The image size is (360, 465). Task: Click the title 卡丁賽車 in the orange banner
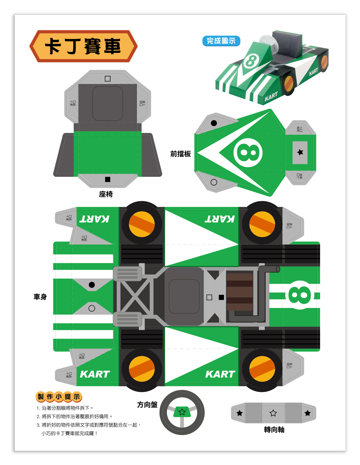(x=83, y=46)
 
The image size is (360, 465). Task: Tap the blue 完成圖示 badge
(x=221, y=41)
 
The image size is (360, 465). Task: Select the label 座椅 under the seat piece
(x=106, y=194)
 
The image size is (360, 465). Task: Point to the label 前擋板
(x=180, y=154)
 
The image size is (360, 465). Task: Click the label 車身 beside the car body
(x=40, y=297)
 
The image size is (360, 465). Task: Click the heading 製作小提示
(x=59, y=397)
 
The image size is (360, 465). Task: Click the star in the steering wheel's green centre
(x=182, y=411)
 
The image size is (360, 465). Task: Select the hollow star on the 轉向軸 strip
(x=273, y=413)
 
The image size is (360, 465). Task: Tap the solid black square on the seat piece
(x=108, y=179)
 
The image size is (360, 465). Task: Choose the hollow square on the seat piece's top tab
(x=108, y=79)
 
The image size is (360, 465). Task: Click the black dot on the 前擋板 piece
(x=214, y=123)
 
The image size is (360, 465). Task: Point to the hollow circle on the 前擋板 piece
(x=214, y=182)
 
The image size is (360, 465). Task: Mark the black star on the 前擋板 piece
(x=300, y=152)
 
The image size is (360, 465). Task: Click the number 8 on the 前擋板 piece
(x=248, y=153)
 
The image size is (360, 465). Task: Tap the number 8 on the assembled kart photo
(x=251, y=61)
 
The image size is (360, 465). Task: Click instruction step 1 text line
(x=65, y=408)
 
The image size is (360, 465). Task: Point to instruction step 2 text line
(x=75, y=416)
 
